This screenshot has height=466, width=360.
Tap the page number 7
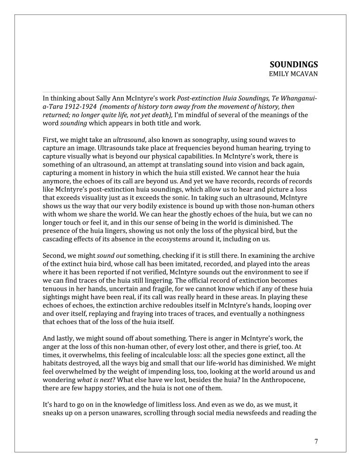pos(316,441)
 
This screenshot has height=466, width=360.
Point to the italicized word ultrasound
pos(129,140)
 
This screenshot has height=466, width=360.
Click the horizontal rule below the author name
pos(180,92)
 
